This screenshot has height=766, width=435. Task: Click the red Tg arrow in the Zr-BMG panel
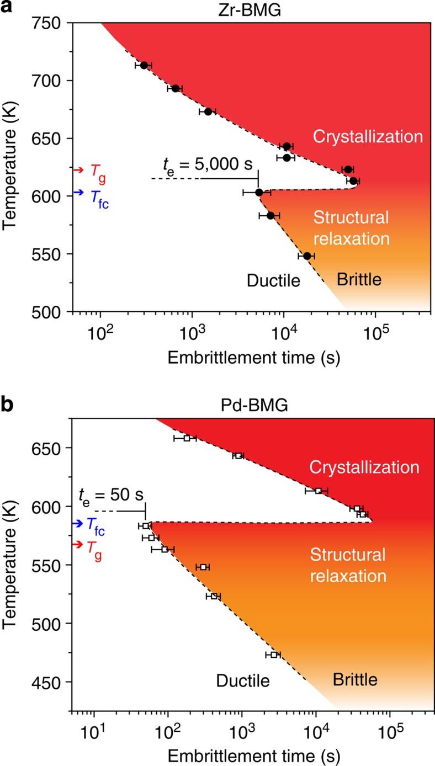(78, 170)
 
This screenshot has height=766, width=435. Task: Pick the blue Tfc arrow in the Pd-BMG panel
(77, 523)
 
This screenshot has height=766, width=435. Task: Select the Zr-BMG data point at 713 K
(144, 65)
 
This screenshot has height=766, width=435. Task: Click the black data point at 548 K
(307, 256)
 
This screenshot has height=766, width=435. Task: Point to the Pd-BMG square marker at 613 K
(318, 491)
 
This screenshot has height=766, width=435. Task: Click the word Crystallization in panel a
(368, 136)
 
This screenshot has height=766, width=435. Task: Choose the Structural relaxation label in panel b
(347, 565)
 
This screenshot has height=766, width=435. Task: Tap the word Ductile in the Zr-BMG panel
(273, 281)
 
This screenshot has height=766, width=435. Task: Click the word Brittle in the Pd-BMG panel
(355, 679)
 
